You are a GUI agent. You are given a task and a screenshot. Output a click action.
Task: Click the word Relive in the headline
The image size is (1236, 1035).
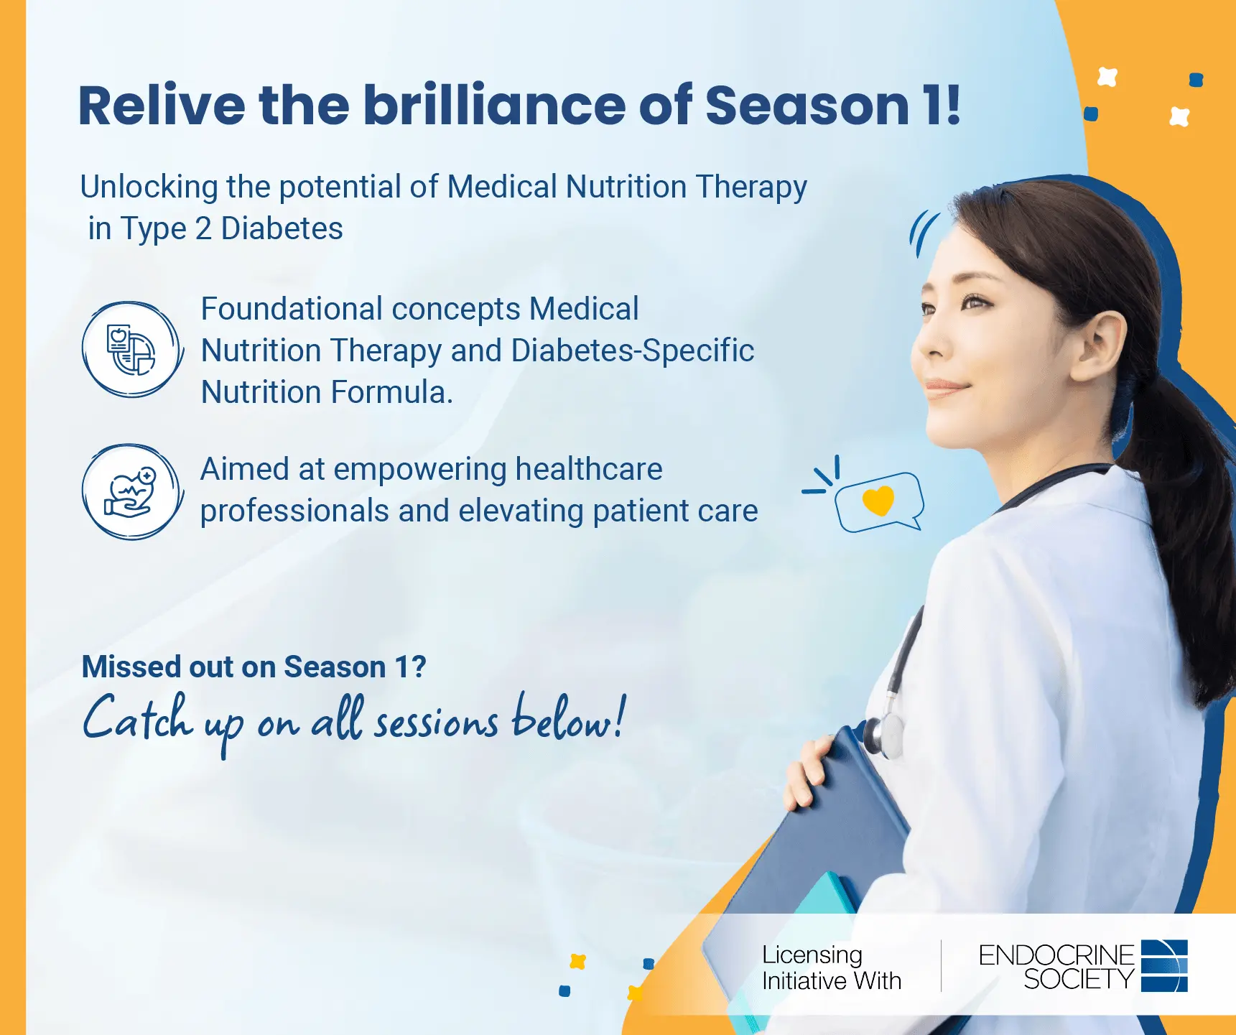(162, 106)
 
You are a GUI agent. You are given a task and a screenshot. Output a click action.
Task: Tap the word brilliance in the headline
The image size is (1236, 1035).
(494, 106)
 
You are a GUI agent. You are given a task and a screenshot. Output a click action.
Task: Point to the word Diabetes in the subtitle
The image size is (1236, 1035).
(282, 228)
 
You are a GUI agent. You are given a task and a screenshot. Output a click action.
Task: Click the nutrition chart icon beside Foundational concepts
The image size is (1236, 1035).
(132, 349)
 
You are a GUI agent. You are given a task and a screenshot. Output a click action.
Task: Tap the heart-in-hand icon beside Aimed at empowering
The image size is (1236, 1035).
(132, 491)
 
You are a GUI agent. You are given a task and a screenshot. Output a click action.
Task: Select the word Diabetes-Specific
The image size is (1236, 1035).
(633, 351)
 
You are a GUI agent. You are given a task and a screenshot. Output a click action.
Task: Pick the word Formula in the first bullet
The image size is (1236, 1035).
(389, 392)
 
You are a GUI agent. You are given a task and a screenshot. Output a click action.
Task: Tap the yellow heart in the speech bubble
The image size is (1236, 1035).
(878, 501)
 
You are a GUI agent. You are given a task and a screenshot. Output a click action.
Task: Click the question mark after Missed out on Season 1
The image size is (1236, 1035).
(419, 667)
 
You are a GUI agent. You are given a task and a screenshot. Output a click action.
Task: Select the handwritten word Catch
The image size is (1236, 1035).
(138, 717)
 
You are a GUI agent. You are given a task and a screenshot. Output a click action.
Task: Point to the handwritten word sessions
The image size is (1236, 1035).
(436, 722)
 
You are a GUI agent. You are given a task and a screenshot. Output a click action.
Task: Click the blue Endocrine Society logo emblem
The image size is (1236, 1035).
(1164, 965)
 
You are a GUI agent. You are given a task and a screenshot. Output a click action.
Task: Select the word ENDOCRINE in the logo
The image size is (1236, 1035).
(1056, 955)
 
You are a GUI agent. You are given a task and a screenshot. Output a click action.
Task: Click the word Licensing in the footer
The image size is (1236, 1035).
(812, 955)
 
